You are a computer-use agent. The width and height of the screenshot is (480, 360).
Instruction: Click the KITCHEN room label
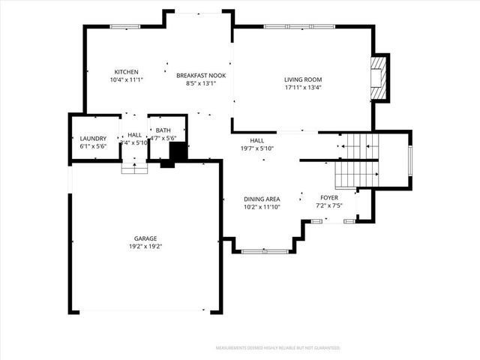(x=126, y=71)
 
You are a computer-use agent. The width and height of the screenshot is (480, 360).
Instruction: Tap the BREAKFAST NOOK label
(x=201, y=75)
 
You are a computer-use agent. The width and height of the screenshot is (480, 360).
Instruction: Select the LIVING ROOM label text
(x=302, y=79)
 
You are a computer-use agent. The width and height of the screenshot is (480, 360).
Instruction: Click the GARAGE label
(x=145, y=238)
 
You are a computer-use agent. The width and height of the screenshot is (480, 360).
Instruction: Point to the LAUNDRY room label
(x=93, y=139)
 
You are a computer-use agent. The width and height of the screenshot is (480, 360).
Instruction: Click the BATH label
(x=163, y=130)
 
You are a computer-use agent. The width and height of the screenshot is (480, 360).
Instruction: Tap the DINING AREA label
(x=262, y=199)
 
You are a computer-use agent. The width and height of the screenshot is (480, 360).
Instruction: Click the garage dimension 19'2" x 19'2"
(x=145, y=246)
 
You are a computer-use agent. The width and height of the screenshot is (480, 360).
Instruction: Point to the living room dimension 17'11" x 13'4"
(x=302, y=87)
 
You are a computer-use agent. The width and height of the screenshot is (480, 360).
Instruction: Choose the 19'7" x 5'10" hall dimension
(x=257, y=148)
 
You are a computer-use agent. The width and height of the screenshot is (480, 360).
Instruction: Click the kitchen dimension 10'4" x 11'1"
(x=126, y=79)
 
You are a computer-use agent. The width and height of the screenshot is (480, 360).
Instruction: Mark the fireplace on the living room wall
(x=381, y=77)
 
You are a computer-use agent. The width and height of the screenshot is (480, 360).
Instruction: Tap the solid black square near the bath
(x=178, y=152)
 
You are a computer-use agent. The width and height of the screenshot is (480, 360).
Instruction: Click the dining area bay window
(x=265, y=251)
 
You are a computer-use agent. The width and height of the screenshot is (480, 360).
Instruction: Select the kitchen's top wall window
(x=125, y=27)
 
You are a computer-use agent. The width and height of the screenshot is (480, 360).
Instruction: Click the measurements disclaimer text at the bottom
(x=277, y=348)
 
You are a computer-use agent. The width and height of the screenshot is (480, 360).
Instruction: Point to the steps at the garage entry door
(x=135, y=169)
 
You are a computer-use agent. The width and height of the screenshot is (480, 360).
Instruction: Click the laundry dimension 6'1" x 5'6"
(x=93, y=146)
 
